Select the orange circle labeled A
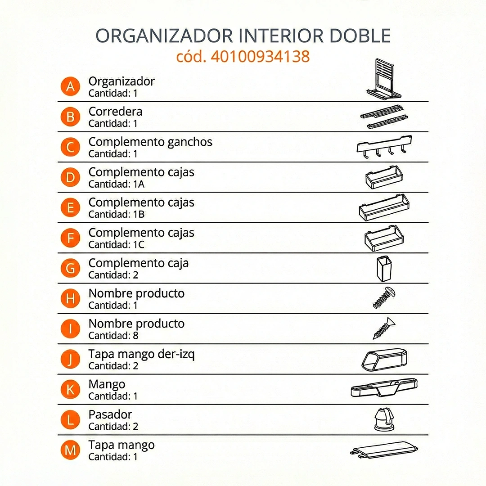(70, 86)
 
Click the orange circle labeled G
(70, 268)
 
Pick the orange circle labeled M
(70, 450)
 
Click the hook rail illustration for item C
(384, 147)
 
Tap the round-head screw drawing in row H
(384, 298)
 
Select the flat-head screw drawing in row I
(384, 328)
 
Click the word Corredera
(115, 112)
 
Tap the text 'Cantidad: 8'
(113, 335)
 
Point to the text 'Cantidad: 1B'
(117, 214)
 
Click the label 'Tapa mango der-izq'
(141, 354)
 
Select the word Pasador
(110, 414)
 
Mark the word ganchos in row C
(189, 142)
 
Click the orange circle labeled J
(70, 360)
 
